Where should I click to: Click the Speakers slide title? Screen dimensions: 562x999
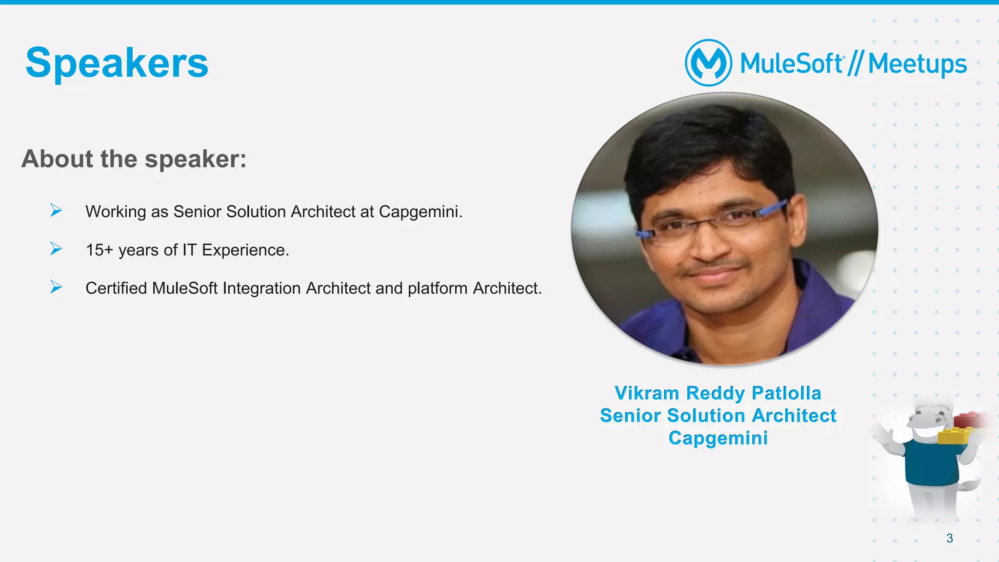click(117, 63)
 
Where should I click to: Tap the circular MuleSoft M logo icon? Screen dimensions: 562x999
click(708, 63)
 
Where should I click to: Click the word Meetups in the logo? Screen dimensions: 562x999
click(917, 64)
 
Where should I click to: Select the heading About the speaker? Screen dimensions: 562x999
click(134, 159)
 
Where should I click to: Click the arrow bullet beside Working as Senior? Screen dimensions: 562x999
click(56, 211)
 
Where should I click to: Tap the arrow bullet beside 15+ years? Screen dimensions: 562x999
click(56, 249)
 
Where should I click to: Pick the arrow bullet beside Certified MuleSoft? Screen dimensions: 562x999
click(56, 287)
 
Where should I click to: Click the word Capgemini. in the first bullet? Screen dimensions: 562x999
click(420, 212)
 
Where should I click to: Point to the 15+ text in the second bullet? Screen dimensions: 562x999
click(99, 250)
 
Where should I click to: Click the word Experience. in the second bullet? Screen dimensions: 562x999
click(245, 250)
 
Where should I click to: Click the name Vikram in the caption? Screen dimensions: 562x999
click(646, 393)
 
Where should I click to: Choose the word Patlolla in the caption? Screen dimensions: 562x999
click(786, 393)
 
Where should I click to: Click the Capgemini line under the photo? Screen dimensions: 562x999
click(718, 438)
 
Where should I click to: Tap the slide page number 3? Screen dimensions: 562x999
click(949, 538)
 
